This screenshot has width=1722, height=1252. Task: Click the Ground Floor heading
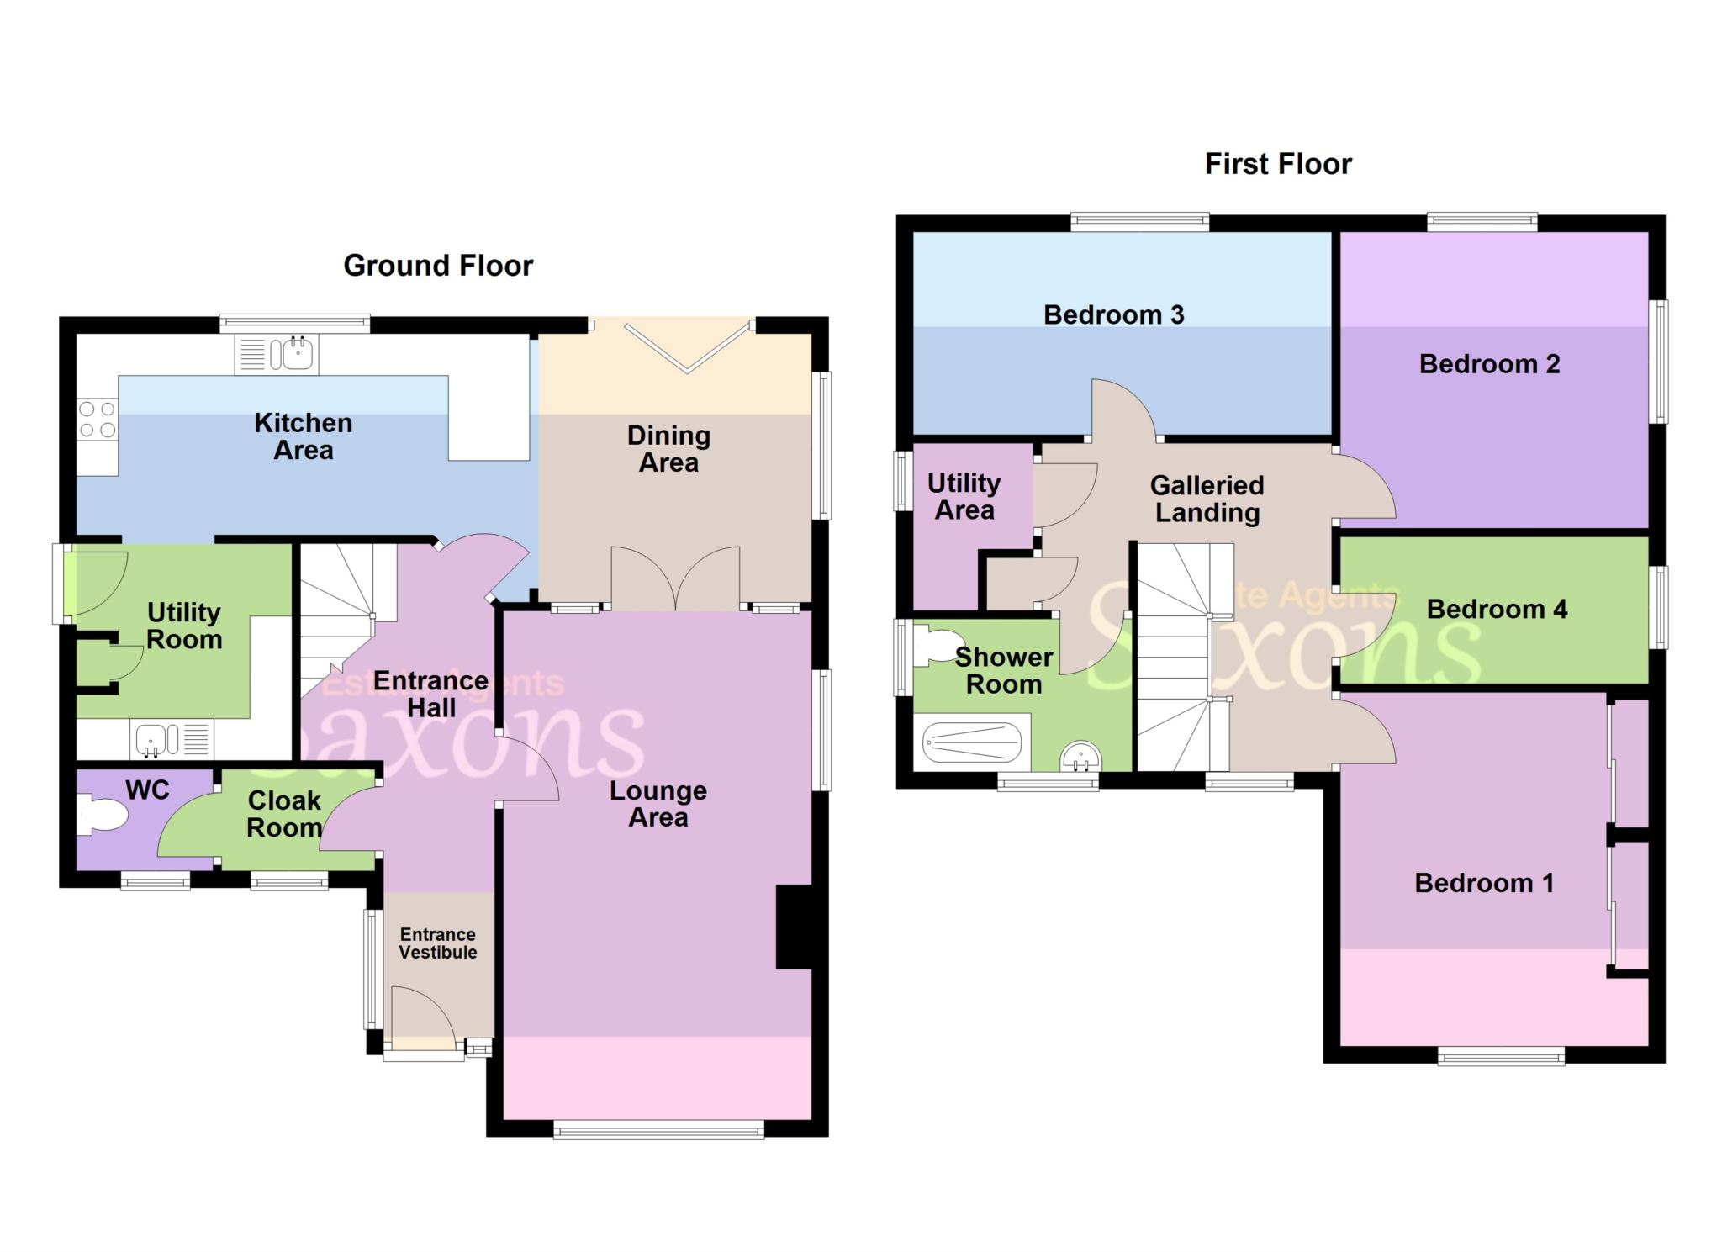(x=438, y=266)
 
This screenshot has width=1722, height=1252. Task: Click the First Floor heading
(x=1277, y=164)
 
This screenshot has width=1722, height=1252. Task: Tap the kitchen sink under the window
(x=297, y=353)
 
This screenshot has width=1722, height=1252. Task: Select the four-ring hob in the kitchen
(x=97, y=420)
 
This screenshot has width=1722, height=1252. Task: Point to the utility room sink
(x=155, y=739)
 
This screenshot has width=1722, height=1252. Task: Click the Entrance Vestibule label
(x=437, y=943)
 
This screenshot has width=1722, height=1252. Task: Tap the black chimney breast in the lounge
(x=793, y=927)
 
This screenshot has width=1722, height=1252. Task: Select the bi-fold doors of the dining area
(x=688, y=346)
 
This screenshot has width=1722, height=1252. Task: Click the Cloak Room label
(x=284, y=814)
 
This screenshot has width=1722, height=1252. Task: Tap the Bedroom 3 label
(x=1113, y=315)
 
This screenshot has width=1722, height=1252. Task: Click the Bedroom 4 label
(x=1496, y=609)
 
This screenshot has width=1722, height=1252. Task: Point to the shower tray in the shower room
(x=971, y=742)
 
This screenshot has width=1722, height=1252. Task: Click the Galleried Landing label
(x=1207, y=499)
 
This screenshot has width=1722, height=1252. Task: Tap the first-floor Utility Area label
(x=964, y=497)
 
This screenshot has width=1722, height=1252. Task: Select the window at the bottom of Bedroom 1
(x=1501, y=1056)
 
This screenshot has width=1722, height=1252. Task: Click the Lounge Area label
(x=658, y=804)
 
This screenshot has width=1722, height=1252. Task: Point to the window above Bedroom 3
(x=1139, y=222)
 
